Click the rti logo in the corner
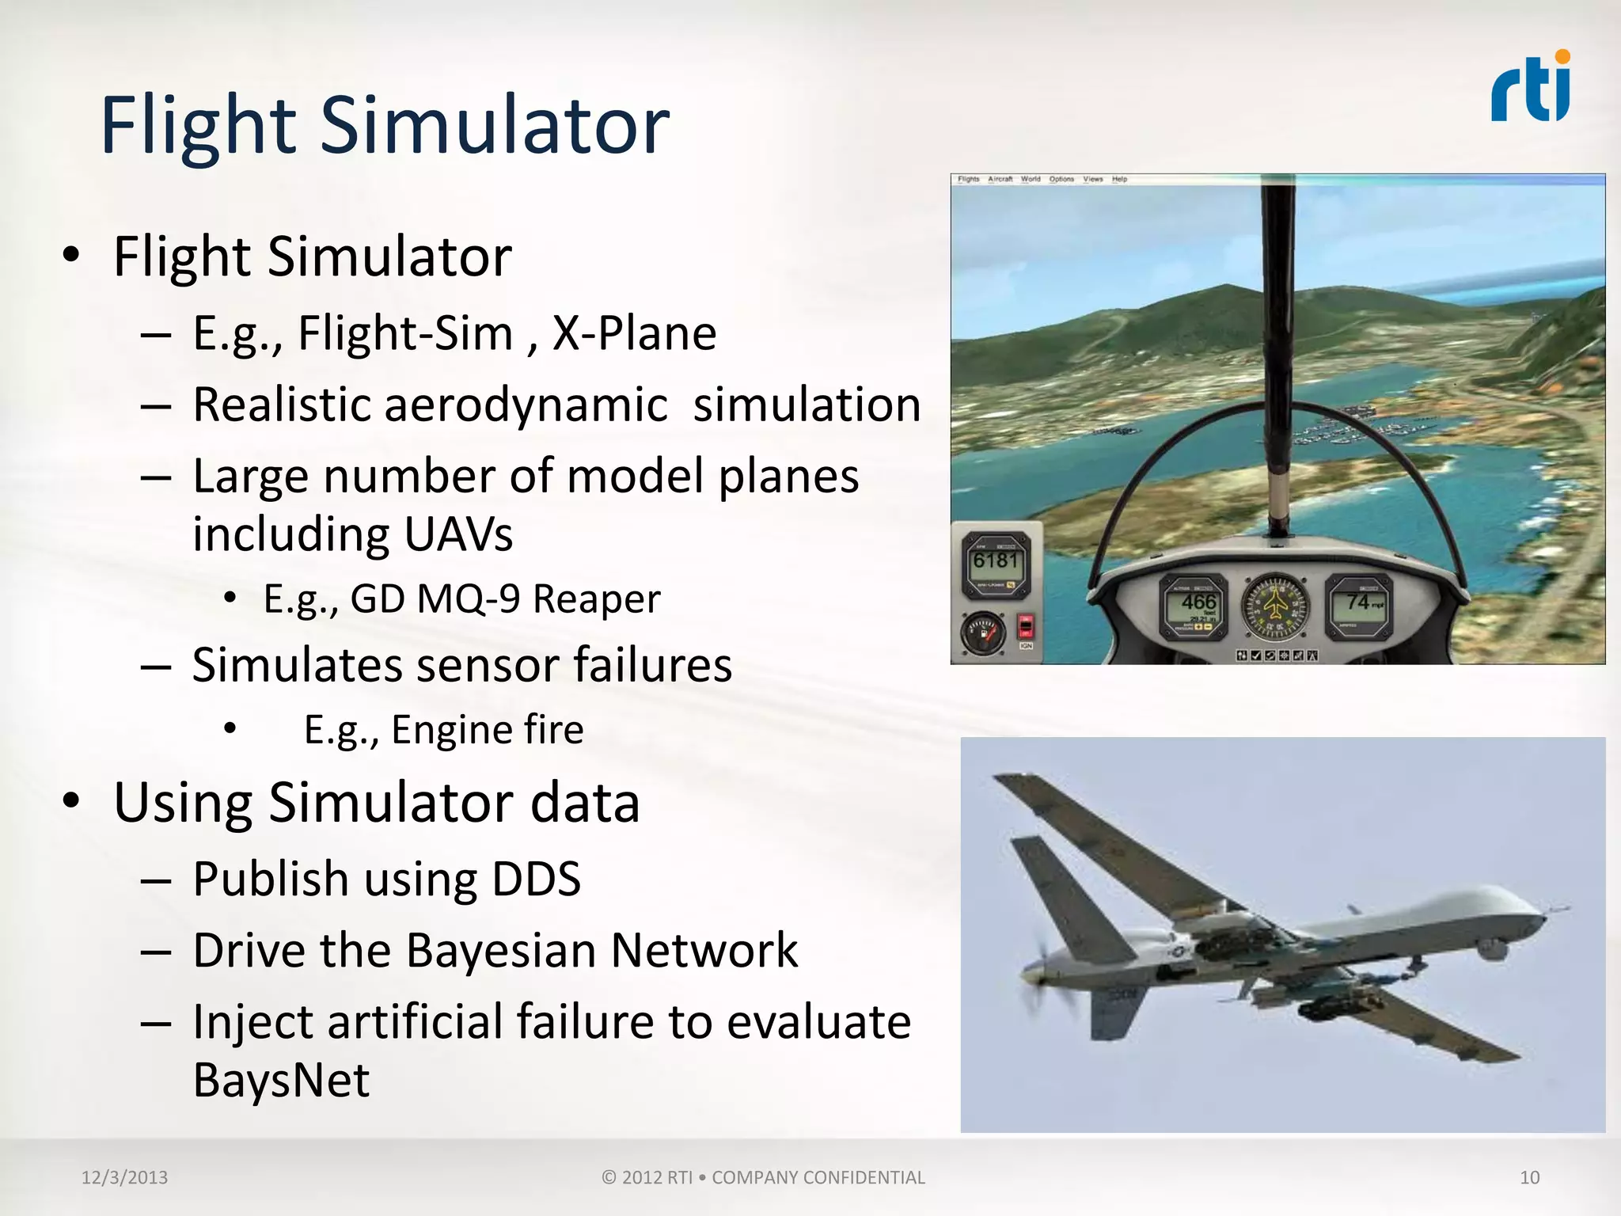[1530, 87]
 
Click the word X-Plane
[634, 333]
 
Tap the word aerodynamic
[526, 405]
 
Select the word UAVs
[458, 534]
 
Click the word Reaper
[596, 599]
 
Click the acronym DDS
[536, 880]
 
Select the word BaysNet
[281, 1081]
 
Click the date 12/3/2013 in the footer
[124, 1177]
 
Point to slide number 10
[1529, 1177]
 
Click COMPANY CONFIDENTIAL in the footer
[818, 1177]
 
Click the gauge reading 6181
[996, 564]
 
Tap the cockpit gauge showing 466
[1194, 606]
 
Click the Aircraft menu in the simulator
[1000, 179]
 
